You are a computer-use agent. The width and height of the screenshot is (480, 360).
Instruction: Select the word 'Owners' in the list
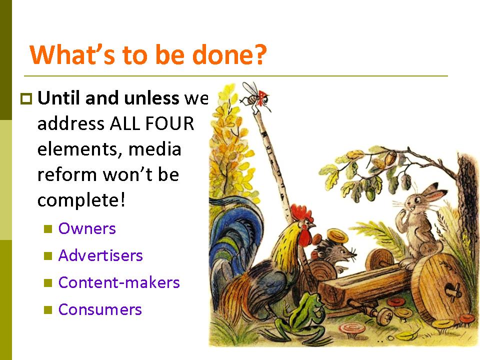point(87,228)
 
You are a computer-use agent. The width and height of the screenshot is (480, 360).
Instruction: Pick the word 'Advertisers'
point(100,255)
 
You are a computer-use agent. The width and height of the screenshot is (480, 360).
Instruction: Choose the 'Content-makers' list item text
point(119,282)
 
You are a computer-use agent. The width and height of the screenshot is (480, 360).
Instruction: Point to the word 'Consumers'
point(100,309)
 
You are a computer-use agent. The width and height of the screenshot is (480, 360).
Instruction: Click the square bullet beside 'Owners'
point(48,229)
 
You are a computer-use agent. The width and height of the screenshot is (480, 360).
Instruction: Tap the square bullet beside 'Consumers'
point(48,310)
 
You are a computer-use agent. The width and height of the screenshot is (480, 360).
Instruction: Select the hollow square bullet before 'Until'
point(26,98)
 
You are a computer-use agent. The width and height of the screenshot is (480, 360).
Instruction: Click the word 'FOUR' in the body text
point(169,123)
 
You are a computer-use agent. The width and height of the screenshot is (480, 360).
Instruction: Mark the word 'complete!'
point(81,200)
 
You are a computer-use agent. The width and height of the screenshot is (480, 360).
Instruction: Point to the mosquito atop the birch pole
point(255,96)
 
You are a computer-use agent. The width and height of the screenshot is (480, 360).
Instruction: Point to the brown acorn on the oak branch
point(390,158)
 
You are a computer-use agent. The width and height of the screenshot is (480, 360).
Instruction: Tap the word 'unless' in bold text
point(151,98)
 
